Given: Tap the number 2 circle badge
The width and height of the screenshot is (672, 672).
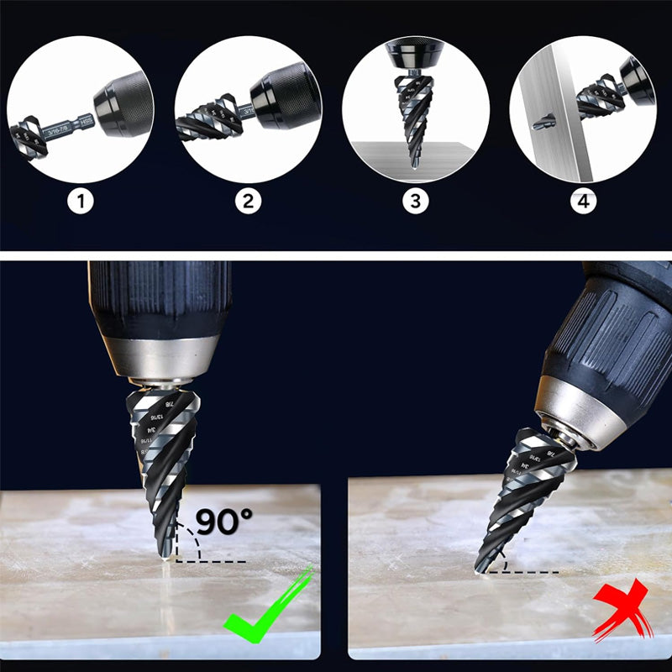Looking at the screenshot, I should pos(249,202).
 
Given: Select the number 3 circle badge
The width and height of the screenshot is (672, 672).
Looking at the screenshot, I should pos(416,202).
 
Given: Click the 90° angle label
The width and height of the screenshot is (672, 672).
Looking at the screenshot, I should pos(223,521).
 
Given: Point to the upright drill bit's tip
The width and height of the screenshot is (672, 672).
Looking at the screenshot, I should pos(165,557).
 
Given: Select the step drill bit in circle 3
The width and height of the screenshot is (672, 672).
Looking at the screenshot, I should pos(415,118).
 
